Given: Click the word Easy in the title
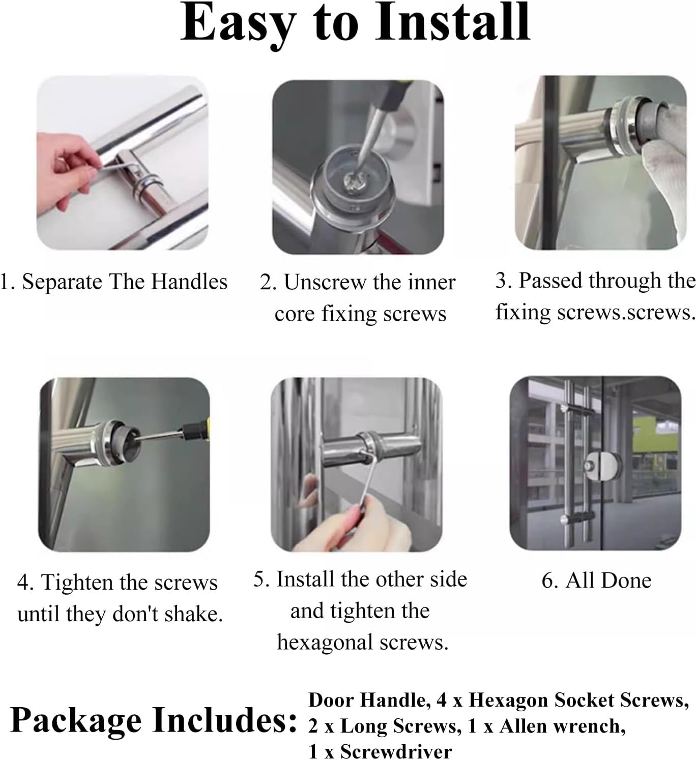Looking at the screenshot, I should click(238, 24).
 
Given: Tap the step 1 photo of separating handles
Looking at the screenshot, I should click(122, 163).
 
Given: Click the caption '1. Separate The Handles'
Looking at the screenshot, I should click(113, 282).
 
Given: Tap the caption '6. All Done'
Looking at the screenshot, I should click(596, 580).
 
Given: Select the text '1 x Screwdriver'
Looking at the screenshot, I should click(380, 751).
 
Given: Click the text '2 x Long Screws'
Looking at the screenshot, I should click(384, 726).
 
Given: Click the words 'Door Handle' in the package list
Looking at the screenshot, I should click(366, 701).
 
